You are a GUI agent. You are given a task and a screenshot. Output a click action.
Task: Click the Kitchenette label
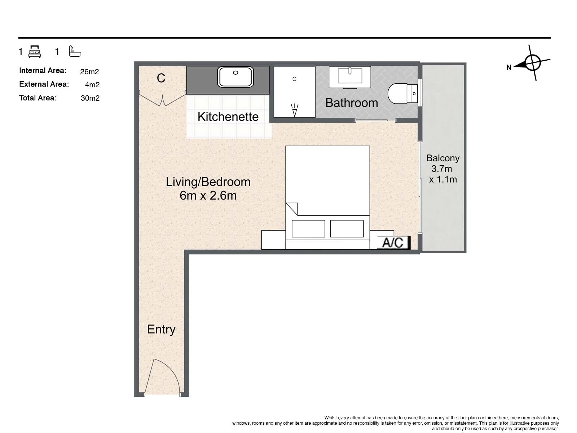(228, 117)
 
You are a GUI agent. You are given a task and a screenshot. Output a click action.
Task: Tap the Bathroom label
(352, 103)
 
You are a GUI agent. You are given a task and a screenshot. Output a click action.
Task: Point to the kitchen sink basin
(235, 77)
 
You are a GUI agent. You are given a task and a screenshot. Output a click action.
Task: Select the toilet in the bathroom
(402, 93)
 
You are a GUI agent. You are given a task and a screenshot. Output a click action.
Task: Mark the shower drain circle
(294, 79)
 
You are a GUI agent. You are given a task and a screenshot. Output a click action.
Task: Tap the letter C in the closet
(161, 78)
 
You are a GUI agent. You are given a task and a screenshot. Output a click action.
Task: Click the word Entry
(161, 330)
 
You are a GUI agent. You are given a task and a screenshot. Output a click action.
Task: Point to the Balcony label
(443, 158)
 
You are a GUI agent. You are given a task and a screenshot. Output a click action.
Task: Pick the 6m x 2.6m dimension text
(208, 196)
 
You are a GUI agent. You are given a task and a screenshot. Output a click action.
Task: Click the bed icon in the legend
(35, 52)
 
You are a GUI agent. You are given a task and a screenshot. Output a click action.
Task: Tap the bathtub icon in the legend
(75, 51)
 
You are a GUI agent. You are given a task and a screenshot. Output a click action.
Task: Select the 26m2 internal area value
(89, 71)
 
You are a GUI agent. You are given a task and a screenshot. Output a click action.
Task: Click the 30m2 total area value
(90, 98)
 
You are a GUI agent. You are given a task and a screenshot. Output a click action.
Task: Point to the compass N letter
(508, 67)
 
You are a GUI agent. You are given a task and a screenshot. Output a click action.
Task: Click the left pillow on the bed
(308, 229)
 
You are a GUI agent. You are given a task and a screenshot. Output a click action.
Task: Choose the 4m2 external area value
(92, 85)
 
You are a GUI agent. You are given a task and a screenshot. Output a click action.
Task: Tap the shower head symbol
(295, 110)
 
